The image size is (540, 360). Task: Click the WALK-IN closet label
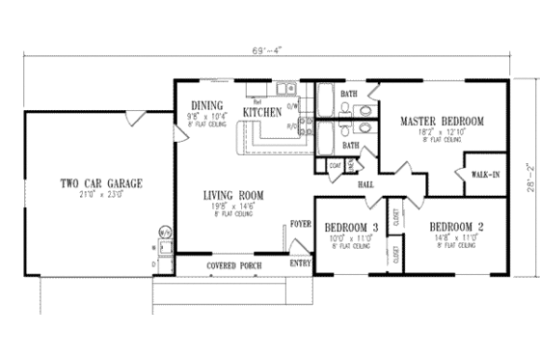485,175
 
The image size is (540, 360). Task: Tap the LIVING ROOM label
228,195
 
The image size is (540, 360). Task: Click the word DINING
206,106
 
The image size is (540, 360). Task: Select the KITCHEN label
261,113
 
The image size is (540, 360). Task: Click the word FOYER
300,223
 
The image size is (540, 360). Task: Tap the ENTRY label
301,262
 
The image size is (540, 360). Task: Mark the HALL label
366,181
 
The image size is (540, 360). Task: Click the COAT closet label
335,165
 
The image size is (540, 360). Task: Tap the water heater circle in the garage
164,233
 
